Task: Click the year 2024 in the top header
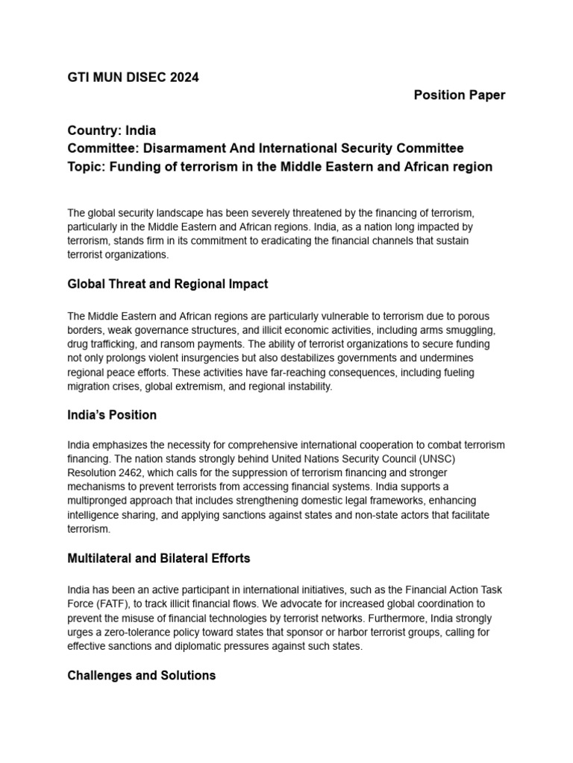[184, 77]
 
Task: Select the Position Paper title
[460, 95]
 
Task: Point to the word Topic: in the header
[87, 166]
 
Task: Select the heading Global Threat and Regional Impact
[168, 284]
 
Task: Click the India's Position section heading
[112, 414]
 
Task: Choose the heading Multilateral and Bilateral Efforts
[159, 557]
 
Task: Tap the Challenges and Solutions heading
[142, 675]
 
